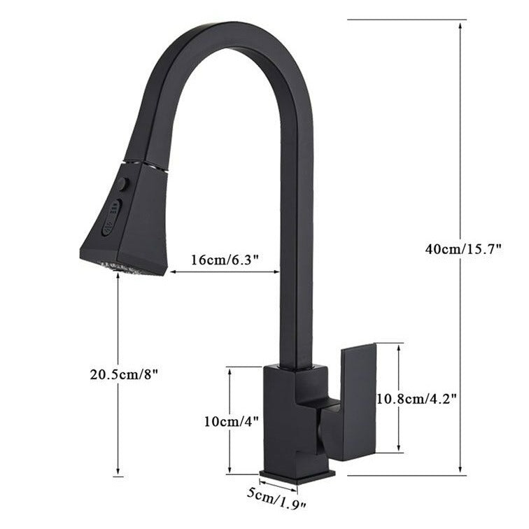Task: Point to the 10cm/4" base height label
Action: pyautogui.click(x=232, y=421)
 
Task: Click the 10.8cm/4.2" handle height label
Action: pyautogui.click(x=417, y=399)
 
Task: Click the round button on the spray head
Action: pyautogui.click(x=123, y=184)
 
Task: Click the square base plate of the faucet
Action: pyautogui.click(x=297, y=476)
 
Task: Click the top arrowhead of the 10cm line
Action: pyautogui.click(x=230, y=370)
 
